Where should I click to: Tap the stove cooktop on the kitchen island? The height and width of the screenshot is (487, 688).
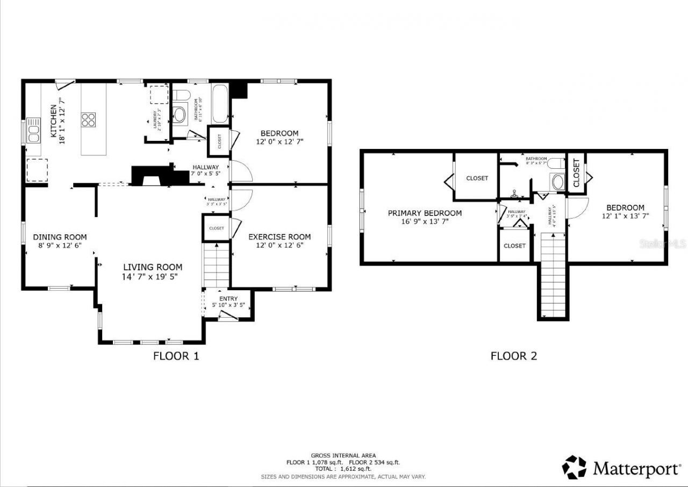(88, 119)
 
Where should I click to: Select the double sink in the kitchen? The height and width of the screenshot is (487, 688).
(33, 131)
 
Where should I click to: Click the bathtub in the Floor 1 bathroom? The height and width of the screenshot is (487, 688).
(220, 104)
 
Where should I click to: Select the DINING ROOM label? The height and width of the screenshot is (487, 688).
(60, 237)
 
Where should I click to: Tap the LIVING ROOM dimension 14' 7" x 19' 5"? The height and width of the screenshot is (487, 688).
(153, 277)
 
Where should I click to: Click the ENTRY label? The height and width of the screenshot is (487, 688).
(228, 299)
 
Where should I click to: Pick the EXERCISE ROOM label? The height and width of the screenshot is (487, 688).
(279, 237)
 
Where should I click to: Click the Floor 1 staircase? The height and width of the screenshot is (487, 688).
(217, 265)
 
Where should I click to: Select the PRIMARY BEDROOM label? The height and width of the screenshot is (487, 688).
(425, 213)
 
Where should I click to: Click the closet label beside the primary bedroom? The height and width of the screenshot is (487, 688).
(477, 178)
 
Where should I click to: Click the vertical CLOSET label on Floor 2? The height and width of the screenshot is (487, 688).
(576, 173)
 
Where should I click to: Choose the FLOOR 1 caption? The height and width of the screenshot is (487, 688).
(176, 356)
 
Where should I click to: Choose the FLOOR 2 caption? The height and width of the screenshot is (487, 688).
(513, 356)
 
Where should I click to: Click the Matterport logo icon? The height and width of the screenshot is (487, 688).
(575, 467)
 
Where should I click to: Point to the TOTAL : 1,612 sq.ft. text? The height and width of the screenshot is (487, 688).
(343, 469)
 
